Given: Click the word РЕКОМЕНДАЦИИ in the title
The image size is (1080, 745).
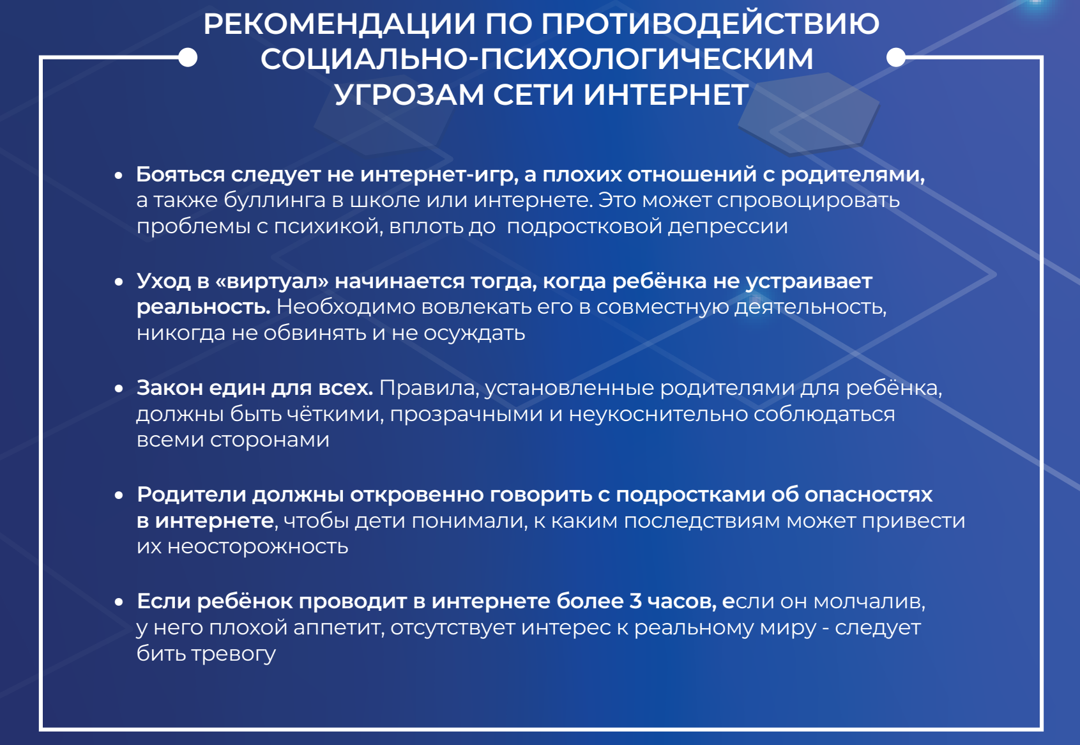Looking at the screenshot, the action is (x=339, y=24).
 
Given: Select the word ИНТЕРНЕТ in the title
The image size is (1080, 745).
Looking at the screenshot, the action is (x=666, y=95).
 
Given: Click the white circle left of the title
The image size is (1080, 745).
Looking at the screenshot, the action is (x=188, y=58).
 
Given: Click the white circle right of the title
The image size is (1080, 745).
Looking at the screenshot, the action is (x=896, y=58).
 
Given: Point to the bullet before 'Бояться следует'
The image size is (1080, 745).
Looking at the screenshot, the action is (x=119, y=176).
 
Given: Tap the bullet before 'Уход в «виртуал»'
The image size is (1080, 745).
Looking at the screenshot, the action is (x=119, y=282).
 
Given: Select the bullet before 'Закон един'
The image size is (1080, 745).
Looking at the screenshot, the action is (x=119, y=389).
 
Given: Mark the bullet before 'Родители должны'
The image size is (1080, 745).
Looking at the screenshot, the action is (x=119, y=496).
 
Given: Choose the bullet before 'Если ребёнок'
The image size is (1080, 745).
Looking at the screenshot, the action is (x=119, y=603).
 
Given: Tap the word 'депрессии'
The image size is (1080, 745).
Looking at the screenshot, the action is (x=728, y=227).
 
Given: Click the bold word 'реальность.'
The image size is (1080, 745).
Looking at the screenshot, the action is (x=204, y=307).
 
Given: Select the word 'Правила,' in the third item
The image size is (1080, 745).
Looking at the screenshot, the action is (x=429, y=388).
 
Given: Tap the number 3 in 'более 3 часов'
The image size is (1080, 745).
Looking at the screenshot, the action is (x=635, y=601).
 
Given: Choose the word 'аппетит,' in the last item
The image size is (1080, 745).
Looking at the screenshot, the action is (x=339, y=628).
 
